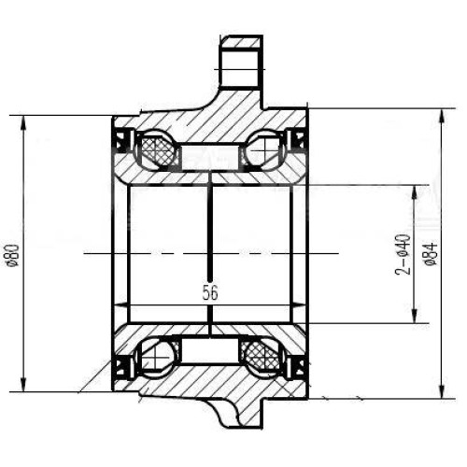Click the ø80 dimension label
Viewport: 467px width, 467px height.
click(14, 255)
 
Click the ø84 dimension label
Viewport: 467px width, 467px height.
click(432, 254)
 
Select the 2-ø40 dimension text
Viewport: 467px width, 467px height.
click(403, 254)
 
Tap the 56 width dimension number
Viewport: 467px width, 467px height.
click(210, 292)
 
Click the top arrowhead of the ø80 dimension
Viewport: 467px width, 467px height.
click(23, 123)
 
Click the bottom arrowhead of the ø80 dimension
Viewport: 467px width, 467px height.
click(23, 384)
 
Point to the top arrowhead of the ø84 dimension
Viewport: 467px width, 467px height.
click(442, 117)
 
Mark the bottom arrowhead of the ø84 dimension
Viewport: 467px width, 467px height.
click(442, 390)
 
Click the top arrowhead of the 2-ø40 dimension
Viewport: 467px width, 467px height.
click(415, 193)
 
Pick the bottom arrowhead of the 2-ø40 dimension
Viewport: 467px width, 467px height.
click(415, 316)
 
